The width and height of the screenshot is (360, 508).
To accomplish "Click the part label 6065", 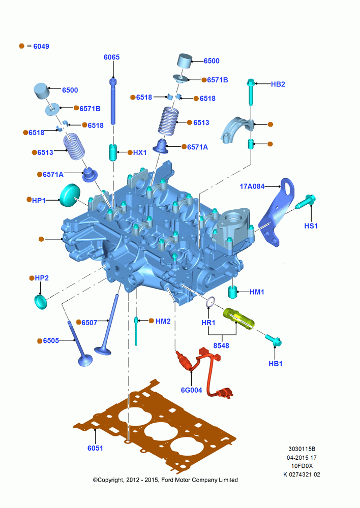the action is (111, 57).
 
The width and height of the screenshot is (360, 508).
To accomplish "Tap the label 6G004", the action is (191, 390).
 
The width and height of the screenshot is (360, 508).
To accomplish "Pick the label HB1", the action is (276, 364).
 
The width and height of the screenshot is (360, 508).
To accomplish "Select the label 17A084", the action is (252, 186).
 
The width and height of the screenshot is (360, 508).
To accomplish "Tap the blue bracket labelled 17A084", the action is (277, 214).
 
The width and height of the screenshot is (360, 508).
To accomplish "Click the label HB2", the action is (278, 84).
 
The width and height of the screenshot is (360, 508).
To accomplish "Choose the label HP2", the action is (42, 278).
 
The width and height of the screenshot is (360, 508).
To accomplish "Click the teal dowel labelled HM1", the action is (233, 292).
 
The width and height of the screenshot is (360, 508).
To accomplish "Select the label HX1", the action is (140, 152).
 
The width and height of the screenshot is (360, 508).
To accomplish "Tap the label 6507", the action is (89, 323).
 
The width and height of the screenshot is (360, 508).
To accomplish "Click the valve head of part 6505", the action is (85, 360).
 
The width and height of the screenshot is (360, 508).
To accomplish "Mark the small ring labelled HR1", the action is (209, 302).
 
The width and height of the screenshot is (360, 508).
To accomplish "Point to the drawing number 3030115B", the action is (302, 449).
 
